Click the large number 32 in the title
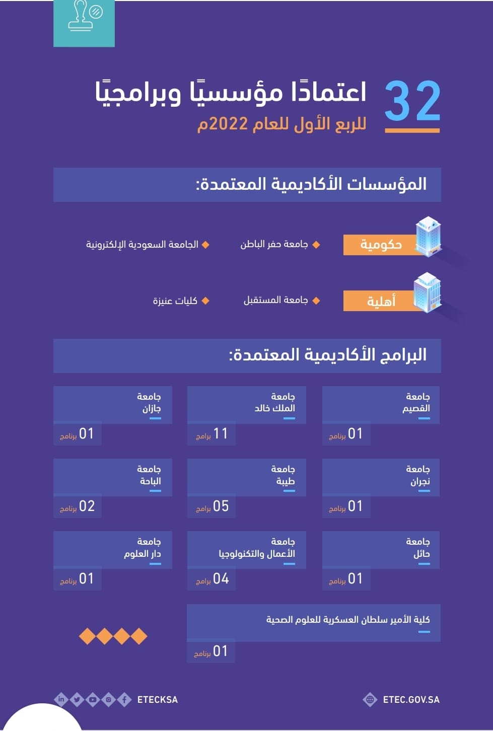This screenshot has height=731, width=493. coord(412,102)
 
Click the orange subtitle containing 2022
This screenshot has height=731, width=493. coord(281,124)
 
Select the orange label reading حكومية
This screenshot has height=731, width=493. coord(380,245)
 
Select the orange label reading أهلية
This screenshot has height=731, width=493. coord(380,301)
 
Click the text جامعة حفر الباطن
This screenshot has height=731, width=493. coord(274,244)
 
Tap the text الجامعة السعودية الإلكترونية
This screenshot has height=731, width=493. coord(142,245)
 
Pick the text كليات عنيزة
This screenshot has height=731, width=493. coord(175,301)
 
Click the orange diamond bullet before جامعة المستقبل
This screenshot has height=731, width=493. coord(316,301)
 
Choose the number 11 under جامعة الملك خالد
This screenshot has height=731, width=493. coord(221,433)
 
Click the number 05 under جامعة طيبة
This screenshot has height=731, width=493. coord(221,506)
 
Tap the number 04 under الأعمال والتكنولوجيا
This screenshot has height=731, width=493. coord(221,578)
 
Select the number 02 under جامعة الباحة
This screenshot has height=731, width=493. coord(87,506)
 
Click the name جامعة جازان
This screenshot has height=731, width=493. coord(149,402)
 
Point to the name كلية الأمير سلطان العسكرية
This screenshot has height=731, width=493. coord(348,620)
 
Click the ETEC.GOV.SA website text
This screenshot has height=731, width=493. coord(411,700)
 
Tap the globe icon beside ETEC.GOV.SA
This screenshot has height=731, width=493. coord(370,699)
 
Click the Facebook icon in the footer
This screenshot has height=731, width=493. coord(124,699)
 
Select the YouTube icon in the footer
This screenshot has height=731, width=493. coord(93,699)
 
